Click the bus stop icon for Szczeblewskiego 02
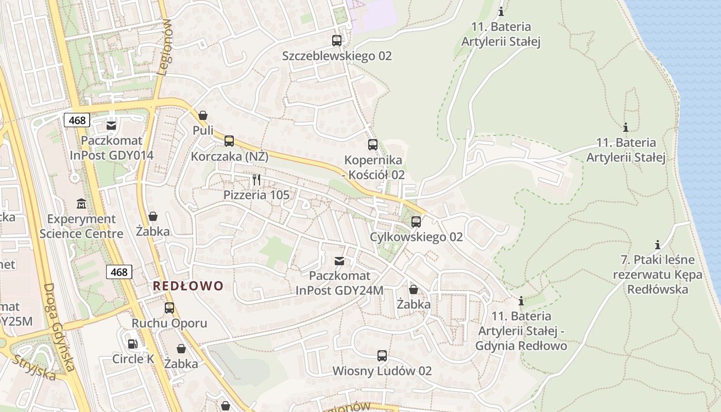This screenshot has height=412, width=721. (x=337, y=40)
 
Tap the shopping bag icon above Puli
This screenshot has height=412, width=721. (x=203, y=115)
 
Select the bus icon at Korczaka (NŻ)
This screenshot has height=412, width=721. (x=229, y=141)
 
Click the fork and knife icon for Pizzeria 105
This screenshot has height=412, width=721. (x=256, y=179)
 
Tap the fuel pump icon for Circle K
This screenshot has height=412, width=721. (x=132, y=344)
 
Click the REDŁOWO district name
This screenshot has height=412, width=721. (x=188, y=286)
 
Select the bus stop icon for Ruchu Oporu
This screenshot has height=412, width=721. (x=169, y=308)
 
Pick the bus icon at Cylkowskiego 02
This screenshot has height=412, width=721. (x=416, y=222)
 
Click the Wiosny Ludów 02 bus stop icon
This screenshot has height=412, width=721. (x=382, y=355)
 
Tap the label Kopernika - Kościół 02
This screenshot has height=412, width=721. (x=374, y=167)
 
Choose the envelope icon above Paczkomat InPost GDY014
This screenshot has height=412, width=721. (x=111, y=125)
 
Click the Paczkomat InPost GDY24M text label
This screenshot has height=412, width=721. (x=339, y=283)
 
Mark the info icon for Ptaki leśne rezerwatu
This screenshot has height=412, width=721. (x=657, y=245)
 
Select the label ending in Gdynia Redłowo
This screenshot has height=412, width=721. (x=522, y=331)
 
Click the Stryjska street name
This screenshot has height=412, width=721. (x=34, y=367)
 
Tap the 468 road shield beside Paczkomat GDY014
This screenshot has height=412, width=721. (x=77, y=121)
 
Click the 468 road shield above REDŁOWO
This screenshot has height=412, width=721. (x=119, y=272)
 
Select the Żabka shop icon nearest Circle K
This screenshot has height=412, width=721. (x=181, y=349)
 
